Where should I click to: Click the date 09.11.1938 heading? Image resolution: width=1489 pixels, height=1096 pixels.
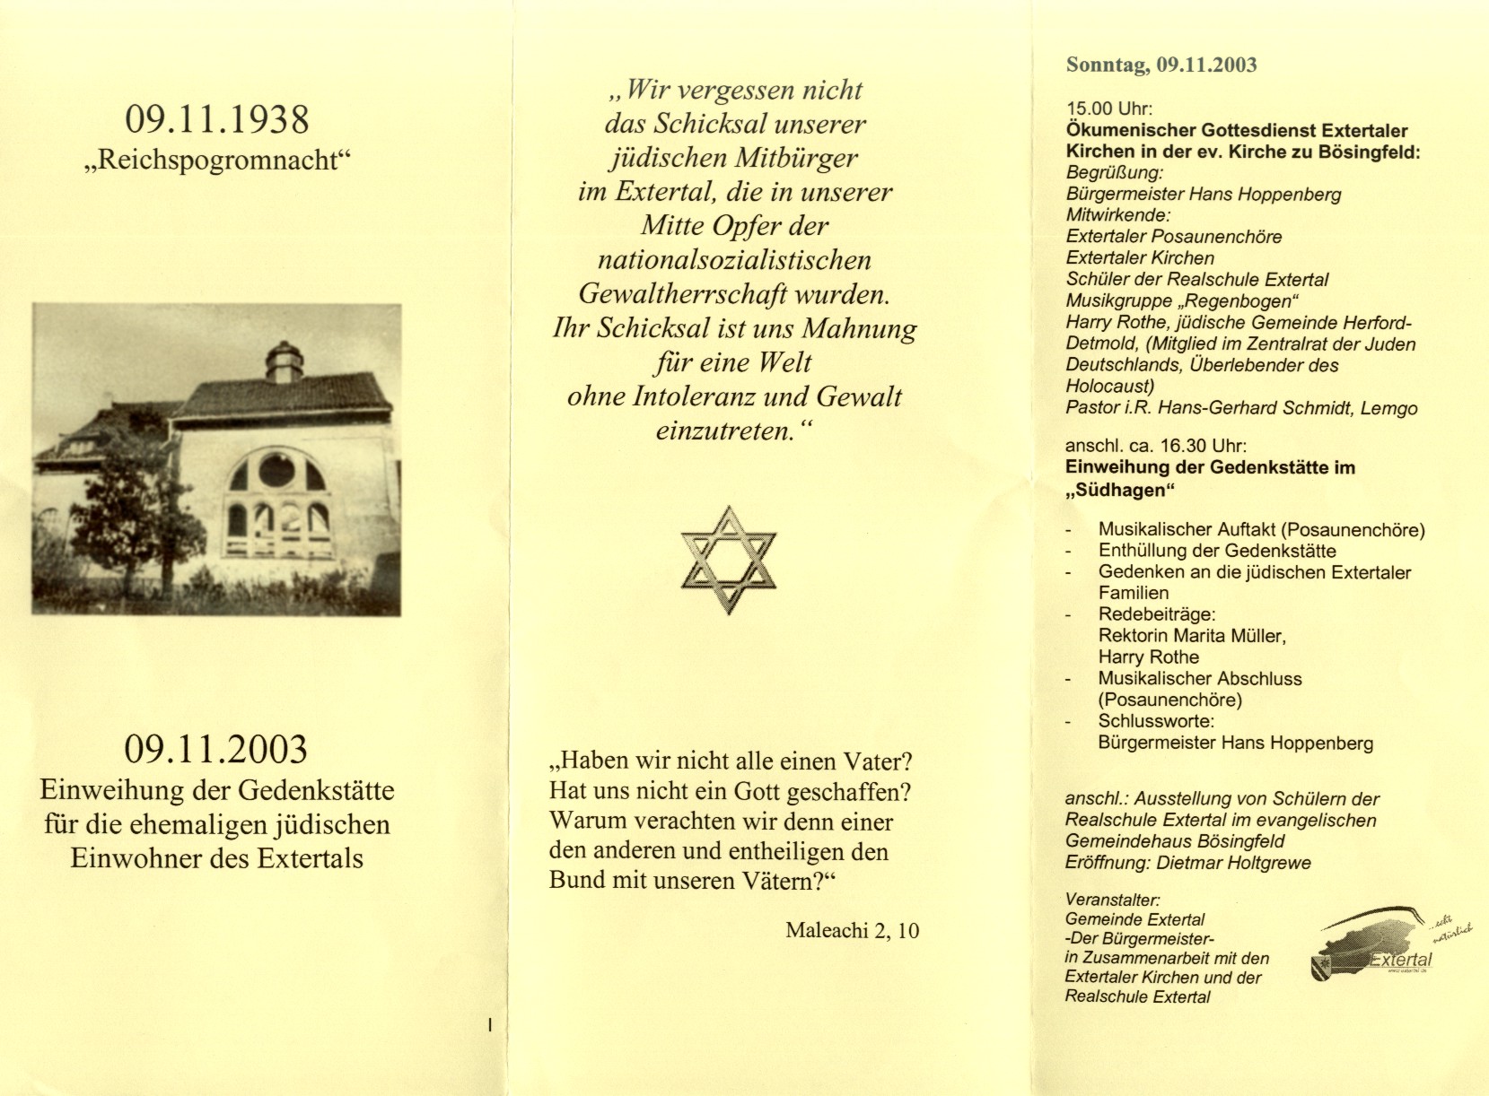point(217,119)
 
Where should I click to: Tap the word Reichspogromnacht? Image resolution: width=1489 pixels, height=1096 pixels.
point(217,161)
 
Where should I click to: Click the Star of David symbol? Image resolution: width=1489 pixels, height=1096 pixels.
point(728,560)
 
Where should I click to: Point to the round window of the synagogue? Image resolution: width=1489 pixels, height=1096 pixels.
point(276,470)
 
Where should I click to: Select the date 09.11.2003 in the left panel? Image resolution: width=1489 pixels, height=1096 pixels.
point(216,749)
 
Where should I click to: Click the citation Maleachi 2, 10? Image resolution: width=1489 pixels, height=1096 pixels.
point(852,930)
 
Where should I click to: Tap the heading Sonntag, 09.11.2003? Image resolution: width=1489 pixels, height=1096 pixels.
point(1161,65)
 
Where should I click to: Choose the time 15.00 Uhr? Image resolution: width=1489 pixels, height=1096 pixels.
point(1109,109)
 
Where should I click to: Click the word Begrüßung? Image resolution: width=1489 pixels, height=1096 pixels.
point(1115,173)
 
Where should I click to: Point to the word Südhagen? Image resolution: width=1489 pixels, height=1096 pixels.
point(1119,490)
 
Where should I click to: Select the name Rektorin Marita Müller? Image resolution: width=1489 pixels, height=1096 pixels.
point(1192,636)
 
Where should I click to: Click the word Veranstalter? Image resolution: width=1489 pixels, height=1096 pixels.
point(1113,900)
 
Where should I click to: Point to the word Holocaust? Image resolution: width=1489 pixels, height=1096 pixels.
point(1109,387)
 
